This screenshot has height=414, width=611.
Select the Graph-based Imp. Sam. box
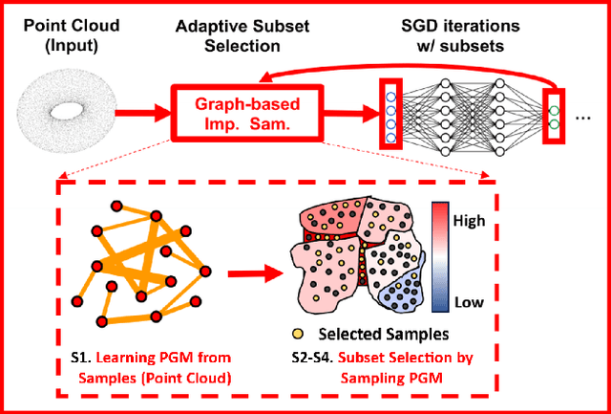click(x=232, y=112)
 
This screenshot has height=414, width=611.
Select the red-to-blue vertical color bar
click(x=441, y=257)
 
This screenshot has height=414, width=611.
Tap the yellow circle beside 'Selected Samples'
click(x=299, y=334)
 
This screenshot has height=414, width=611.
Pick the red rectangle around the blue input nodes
click(x=390, y=113)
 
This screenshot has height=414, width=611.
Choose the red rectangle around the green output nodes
click(x=554, y=112)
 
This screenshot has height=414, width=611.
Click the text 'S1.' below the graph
click(x=80, y=358)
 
